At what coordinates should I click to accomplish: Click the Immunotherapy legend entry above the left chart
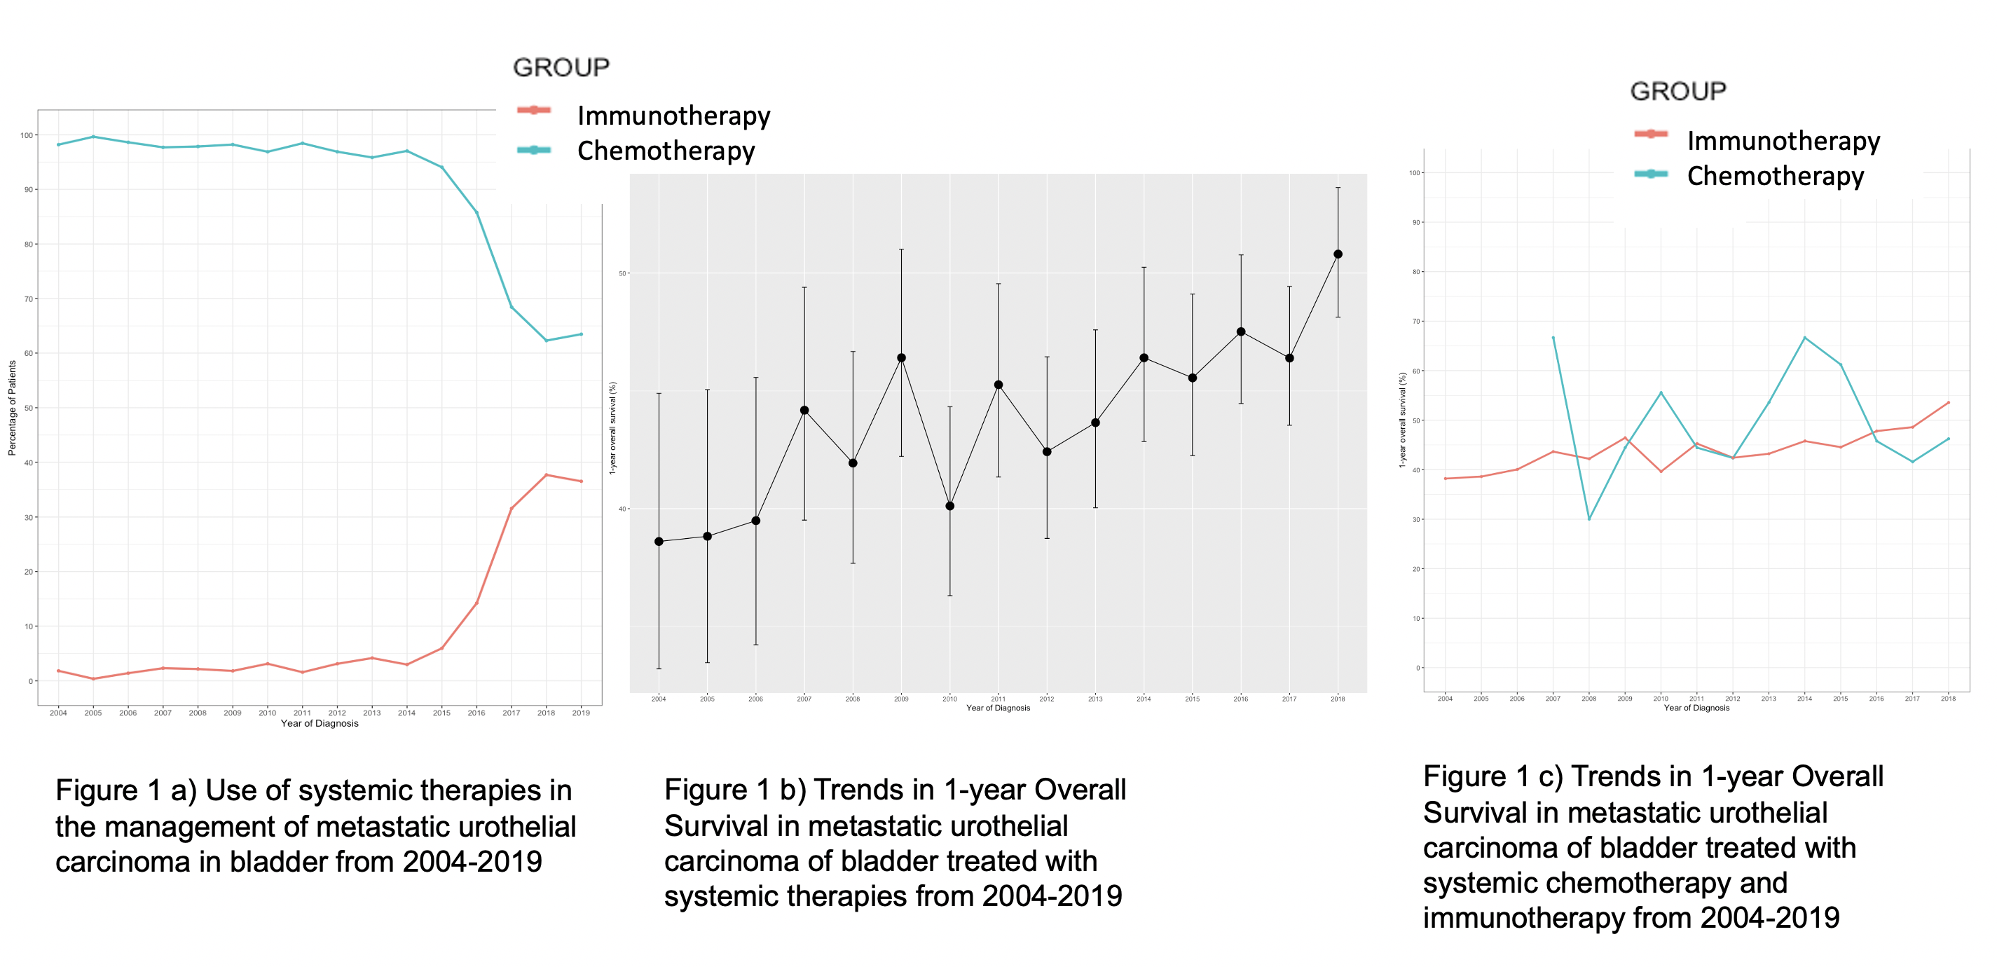coord(673,116)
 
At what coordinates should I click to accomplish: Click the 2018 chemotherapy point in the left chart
coord(547,341)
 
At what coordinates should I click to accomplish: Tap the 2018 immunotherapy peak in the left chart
coord(547,474)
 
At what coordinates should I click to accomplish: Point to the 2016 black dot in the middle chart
coord(1241,332)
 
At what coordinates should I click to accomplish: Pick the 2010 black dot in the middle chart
coord(949,507)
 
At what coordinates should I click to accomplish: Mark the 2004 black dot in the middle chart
coord(659,541)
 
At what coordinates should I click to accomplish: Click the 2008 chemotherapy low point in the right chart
coord(1589,519)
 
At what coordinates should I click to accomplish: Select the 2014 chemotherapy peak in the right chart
coord(1805,338)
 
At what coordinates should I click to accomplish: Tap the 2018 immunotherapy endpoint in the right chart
coord(1948,402)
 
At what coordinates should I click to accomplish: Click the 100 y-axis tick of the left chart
coord(27,136)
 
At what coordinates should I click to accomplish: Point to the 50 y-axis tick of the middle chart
coord(622,274)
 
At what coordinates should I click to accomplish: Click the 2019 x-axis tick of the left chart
coord(581,713)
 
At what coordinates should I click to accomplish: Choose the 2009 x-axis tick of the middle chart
coord(901,699)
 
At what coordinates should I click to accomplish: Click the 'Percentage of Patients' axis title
coord(12,408)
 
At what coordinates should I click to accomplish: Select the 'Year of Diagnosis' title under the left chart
coord(320,724)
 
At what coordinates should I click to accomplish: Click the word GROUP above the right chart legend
coord(1678,92)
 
